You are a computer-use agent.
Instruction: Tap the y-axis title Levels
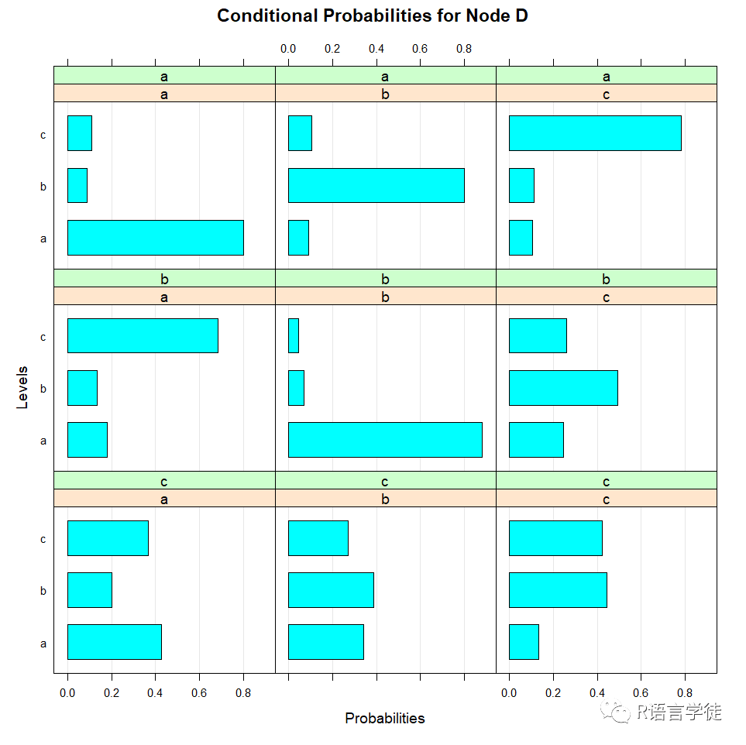[x=22, y=387]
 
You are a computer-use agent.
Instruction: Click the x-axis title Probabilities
[x=385, y=719]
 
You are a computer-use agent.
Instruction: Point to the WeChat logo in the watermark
[x=615, y=711]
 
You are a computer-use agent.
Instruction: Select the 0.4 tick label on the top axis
[x=376, y=49]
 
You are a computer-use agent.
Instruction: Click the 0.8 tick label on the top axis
[x=464, y=49]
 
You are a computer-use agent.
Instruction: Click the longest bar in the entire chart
[x=385, y=440]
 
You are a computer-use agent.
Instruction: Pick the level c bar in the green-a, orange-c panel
[x=595, y=133]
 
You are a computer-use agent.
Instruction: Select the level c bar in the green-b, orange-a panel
[x=143, y=335]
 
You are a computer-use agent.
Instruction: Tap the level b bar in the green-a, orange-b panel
[x=376, y=186]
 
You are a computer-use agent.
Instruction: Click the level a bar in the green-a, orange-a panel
[x=156, y=238]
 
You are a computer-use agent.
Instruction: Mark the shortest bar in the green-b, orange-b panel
[x=294, y=335]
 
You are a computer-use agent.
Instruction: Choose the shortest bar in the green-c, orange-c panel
[x=524, y=642]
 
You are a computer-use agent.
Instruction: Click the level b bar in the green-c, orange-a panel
[x=90, y=590]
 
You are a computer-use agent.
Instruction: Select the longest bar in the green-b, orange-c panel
[x=563, y=388]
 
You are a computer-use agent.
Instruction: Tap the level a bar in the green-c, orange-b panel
[x=326, y=642]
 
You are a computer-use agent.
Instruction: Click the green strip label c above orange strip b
[x=385, y=482]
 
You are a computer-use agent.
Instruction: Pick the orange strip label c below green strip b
[x=606, y=297]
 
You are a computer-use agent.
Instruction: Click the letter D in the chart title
[x=521, y=15]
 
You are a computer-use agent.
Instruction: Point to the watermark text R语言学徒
[x=679, y=712]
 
